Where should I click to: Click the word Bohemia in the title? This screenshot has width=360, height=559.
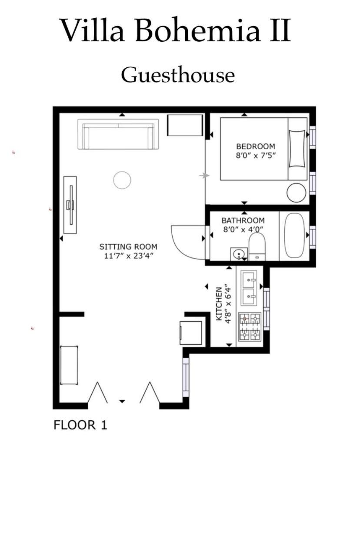[x=197, y=30]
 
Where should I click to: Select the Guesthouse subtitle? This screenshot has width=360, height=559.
[x=178, y=74]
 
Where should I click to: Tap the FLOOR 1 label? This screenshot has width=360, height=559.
[x=80, y=425]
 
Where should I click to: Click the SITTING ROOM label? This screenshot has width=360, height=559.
[x=128, y=246]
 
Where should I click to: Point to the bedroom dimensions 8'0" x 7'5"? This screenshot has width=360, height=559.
[x=256, y=156]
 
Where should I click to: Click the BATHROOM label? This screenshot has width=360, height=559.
[x=243, y=220]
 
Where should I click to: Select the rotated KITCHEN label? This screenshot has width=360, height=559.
[x=219, y=304]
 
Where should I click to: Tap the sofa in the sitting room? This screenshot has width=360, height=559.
[x=118, y=134]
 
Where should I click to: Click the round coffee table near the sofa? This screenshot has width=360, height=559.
[x=122, y=180]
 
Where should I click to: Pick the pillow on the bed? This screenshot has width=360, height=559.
[x=297, y=149]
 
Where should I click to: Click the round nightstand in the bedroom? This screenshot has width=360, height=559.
[x=297, y=193]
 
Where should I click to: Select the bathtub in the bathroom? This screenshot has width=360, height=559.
[x=294, y=235]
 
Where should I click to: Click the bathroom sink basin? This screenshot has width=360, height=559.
[x=239, y=254]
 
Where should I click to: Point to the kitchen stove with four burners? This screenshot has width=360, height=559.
[x=250, y=327]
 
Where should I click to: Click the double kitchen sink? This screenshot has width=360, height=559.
[x=249, y=289]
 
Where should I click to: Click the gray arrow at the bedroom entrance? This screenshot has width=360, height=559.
[x=204, y=176]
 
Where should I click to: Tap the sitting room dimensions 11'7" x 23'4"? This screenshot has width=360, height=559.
[x=128, y=256]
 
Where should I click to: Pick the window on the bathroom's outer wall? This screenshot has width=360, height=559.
[x=312, y=237]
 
